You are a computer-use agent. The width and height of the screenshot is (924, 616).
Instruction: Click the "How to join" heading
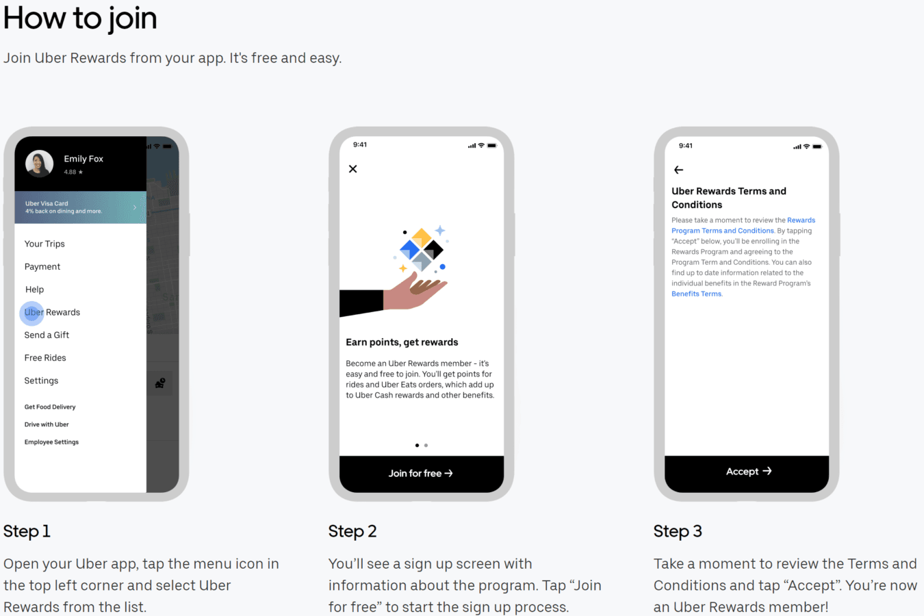(80, 18)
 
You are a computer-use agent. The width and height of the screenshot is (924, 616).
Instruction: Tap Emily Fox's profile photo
(39, 164)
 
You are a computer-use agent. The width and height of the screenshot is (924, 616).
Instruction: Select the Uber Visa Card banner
(81, 207)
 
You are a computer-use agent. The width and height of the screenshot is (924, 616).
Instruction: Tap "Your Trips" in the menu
(44, 244)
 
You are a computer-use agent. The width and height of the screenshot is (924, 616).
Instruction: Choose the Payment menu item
(42, 266)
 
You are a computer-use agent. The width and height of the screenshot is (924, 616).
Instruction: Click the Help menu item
(35, 290)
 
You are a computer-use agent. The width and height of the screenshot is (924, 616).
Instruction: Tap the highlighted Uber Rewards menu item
(52, 312)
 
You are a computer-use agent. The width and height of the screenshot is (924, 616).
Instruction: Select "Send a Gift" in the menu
(47, 335)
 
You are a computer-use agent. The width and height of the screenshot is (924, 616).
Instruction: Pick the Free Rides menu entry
(45, 358)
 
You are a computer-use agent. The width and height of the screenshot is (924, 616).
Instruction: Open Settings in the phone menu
(41, 381)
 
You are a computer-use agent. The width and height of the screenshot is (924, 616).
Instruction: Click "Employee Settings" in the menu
(51, 442)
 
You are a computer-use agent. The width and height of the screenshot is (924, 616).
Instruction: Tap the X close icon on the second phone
(352, 169)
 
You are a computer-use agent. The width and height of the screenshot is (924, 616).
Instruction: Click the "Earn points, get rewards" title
(402, 342)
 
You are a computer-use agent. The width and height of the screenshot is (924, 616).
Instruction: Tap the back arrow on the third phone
(678, 170)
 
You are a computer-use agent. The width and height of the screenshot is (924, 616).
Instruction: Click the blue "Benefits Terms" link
(697, 294)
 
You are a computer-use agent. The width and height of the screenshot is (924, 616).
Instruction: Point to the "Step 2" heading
(352, 531)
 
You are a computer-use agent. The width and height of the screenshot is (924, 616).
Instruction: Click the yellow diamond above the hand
(422, 238)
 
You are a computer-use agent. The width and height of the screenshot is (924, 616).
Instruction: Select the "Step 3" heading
(678, 531)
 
